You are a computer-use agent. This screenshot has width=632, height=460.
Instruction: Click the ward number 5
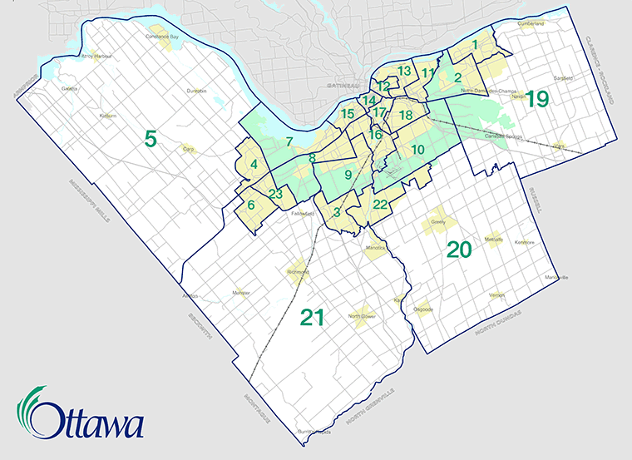click(x=151, y=138)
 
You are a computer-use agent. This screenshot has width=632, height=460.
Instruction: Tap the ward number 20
click(x=459, y=249)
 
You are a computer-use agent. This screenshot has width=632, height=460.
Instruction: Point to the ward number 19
click(x=536, y=100)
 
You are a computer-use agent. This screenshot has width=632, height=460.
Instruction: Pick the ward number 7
click(x=289, y=141)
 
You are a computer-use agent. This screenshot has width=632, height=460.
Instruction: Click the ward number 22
click(x=381, y=205)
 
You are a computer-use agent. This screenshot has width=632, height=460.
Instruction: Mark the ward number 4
click(x=254, y=165)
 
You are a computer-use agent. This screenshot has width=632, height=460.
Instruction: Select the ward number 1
click(x=475, y=45)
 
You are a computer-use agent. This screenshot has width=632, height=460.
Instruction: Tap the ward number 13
click(x=404, y=71)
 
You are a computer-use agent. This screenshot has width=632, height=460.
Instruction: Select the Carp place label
click(x=188, y=150)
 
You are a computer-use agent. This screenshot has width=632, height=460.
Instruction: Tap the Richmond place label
click(x=297, y=272)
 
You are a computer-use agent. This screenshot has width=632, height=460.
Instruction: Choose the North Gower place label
click(x=363, y=316)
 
